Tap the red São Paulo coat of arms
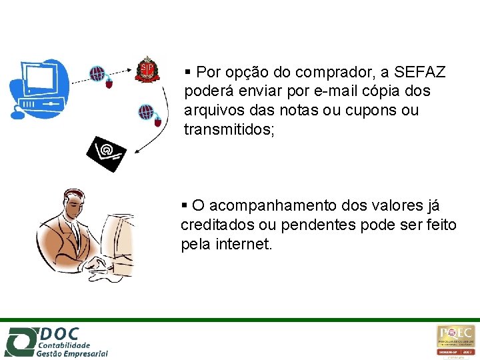tap(147, 69)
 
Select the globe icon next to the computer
tap(98, 73)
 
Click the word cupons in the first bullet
tap(369, 110)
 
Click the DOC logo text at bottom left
tap(60, 333)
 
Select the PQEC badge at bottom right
tap(456, 341)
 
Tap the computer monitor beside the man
tap(118, 240)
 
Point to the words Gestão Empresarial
tap(72, 353)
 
